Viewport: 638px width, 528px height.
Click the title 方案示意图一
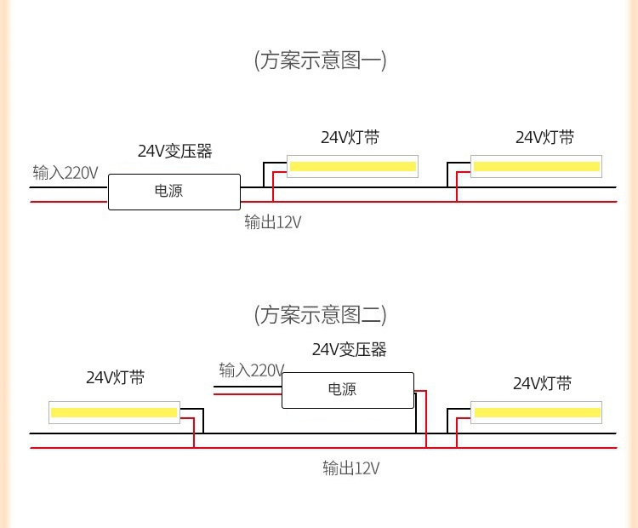[x=320, y=61]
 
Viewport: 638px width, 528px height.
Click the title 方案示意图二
[x=320, y=315]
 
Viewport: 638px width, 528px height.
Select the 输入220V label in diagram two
[x=251, y=370]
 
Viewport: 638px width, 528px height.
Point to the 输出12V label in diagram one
[x=272, y=222]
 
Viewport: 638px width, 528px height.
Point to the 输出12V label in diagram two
[x=350, y=468]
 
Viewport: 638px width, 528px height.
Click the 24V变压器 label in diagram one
[x=175, y=152]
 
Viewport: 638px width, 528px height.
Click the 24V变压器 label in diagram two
[x=349, y=349]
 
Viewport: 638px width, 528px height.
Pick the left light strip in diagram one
[x=351, y=166]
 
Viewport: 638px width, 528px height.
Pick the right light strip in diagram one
[x=536, y=166]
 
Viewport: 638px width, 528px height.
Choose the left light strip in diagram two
[x=114, y=412]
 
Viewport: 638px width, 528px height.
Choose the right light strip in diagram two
[x=537, y=413]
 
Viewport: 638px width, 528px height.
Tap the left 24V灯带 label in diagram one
[x=350, y=138]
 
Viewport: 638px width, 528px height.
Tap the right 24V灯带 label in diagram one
[x=544, y=138]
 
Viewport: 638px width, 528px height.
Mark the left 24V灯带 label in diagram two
[x=115, y=378]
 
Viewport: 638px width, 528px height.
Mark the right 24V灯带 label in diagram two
[x=542, y=383]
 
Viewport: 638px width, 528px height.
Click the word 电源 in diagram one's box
[x=168, y=192]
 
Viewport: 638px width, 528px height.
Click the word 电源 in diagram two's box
[x=342, y=389]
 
